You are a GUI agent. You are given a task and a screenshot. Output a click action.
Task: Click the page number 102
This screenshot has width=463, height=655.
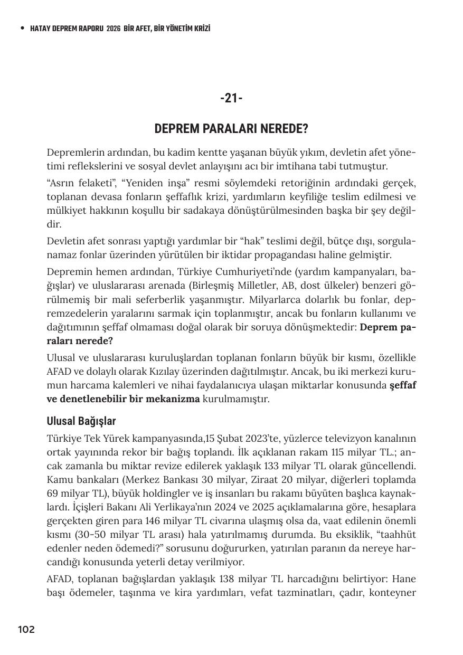pos(26,629)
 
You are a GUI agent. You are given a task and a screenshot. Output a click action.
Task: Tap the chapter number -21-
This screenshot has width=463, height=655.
pos(231,98)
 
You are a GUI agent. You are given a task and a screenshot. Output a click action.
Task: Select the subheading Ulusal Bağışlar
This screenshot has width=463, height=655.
pos(81,421)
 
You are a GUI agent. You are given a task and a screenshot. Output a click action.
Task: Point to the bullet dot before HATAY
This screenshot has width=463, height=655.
pos(22,29)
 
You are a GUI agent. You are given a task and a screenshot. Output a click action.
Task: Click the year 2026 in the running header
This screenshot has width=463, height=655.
pos(114,29)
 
